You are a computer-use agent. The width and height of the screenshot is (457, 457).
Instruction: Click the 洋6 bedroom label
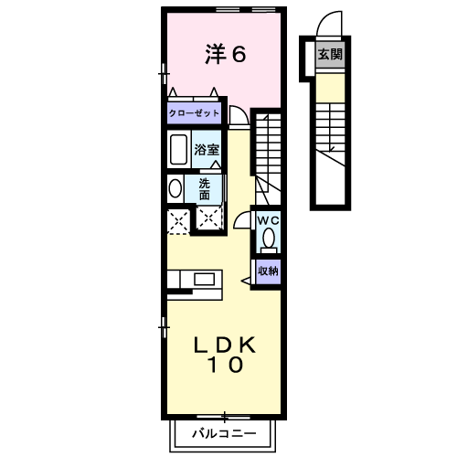pos(225,55)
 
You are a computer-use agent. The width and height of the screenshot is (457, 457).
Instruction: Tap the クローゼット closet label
pos(194,113)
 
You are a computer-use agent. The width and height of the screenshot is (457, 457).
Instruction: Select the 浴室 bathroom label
pos(207,149)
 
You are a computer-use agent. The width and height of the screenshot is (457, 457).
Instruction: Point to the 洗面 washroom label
pos(205,188)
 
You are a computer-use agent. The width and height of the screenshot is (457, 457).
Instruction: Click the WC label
pos(268,221)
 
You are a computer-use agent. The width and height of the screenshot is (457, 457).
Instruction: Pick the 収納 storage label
pos(268,271)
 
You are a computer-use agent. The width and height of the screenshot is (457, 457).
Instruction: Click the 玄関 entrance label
pos(330,55)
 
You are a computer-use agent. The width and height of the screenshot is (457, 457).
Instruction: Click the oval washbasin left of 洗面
pos(175,188)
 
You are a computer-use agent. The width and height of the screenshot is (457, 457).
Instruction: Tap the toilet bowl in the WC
pos(268,239)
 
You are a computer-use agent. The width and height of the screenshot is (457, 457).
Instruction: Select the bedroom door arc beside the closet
pos(238,115)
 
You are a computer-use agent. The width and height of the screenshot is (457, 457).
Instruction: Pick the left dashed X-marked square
pos(177,219)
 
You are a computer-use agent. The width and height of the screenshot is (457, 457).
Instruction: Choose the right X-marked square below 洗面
pos(209,218)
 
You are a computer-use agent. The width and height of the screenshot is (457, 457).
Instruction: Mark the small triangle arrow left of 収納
pos(248,271)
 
